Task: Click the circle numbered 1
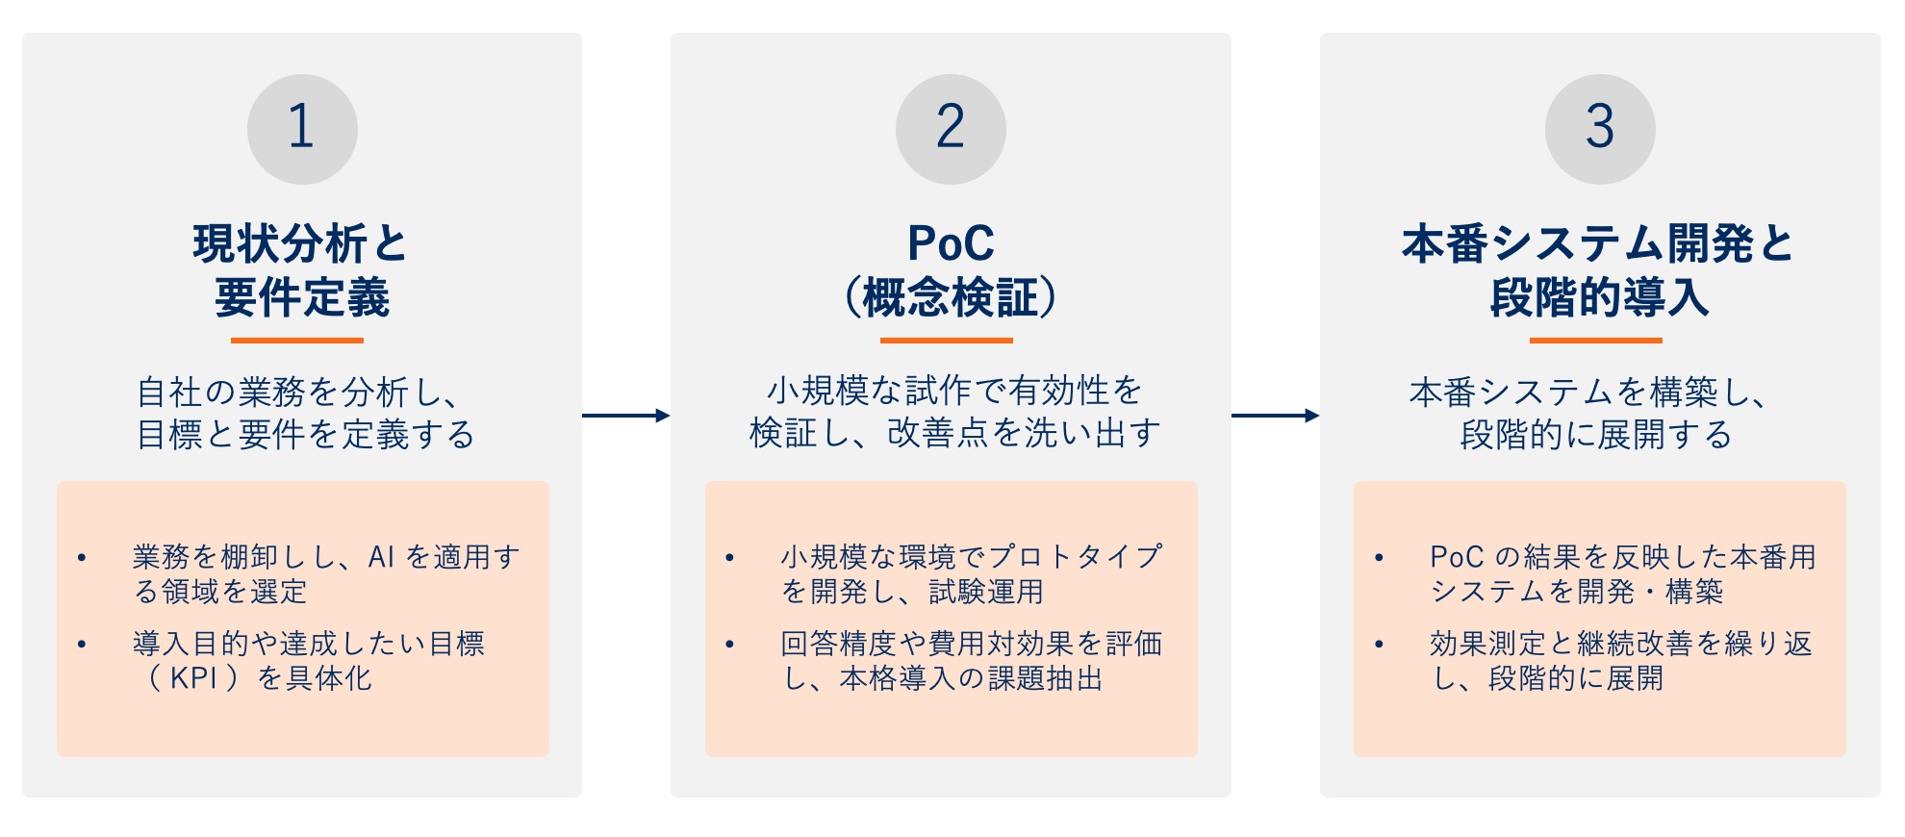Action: click(x=302, y=129)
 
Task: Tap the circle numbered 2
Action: click(x=951, y=129)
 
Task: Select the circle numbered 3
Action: click(x=1600, y=129)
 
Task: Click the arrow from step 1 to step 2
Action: click(x=626, y=416)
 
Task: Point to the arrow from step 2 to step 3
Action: click(x=1276, y=416)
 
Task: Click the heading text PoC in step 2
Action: click(x=951, y=243)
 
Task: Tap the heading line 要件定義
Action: click(x=302, y=297)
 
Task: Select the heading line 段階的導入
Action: click(x=1599, y=297)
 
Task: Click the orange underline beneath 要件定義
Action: click(x=297, y=340)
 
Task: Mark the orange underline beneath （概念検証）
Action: click(x=947, y=340)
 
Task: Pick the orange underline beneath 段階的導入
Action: click(x=1596, y=340)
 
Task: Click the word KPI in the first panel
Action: click(x=193, y=678)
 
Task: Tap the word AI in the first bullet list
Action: click(x=381, y=557)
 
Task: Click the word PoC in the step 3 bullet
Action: click(x=1457, y=557)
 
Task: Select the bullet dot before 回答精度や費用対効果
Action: click(x=730, y=644)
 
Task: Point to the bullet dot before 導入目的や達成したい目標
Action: click(x=82, y=644)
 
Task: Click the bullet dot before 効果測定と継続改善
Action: click(x=1379, y=644)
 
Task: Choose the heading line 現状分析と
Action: click(x=301, y=243)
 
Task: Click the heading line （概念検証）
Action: click(x=951, y=297)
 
